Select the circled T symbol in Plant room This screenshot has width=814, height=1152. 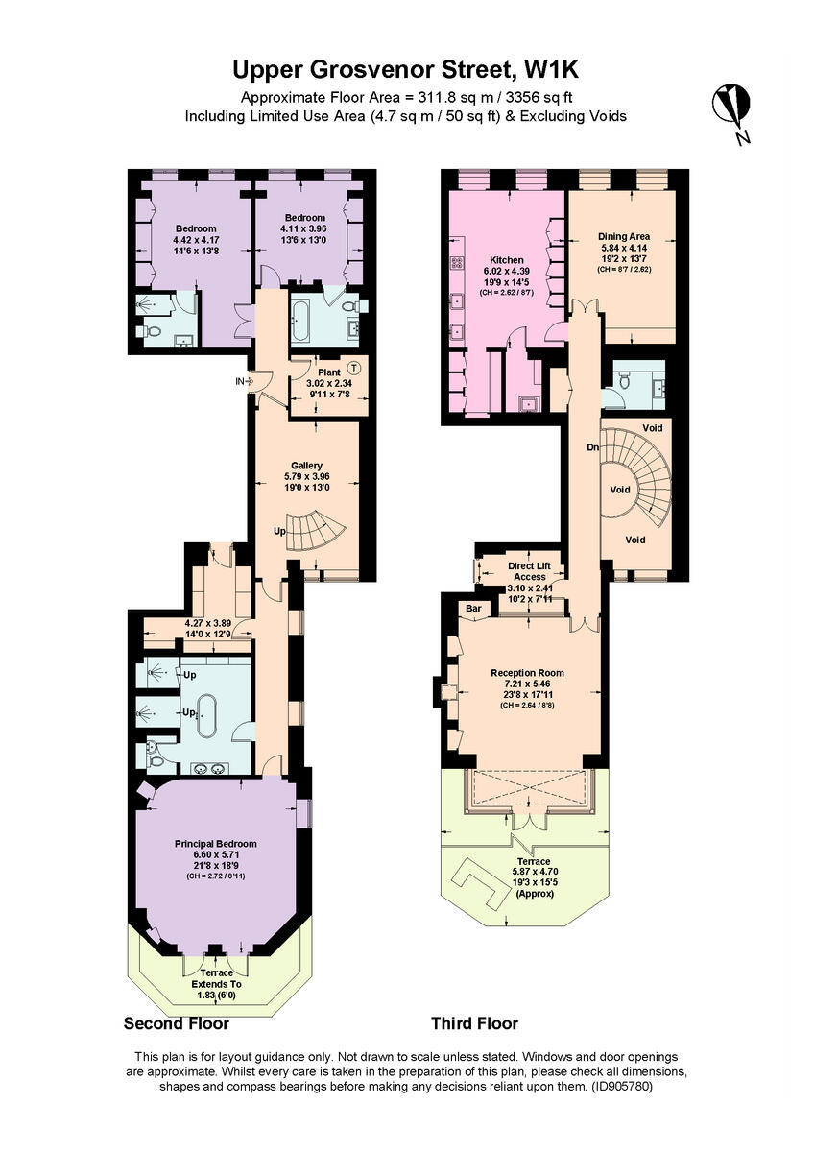coord(353,366)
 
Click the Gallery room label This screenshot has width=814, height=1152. coord(306,465)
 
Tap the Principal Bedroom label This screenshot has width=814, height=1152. coord(215,844)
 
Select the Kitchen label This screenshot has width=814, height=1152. coord(507,260)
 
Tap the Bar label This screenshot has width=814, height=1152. coord(473,608)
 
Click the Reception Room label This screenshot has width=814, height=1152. coord(527,673)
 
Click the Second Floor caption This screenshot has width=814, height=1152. coord(177,1023)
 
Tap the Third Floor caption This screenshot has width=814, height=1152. coord(474,1023)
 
